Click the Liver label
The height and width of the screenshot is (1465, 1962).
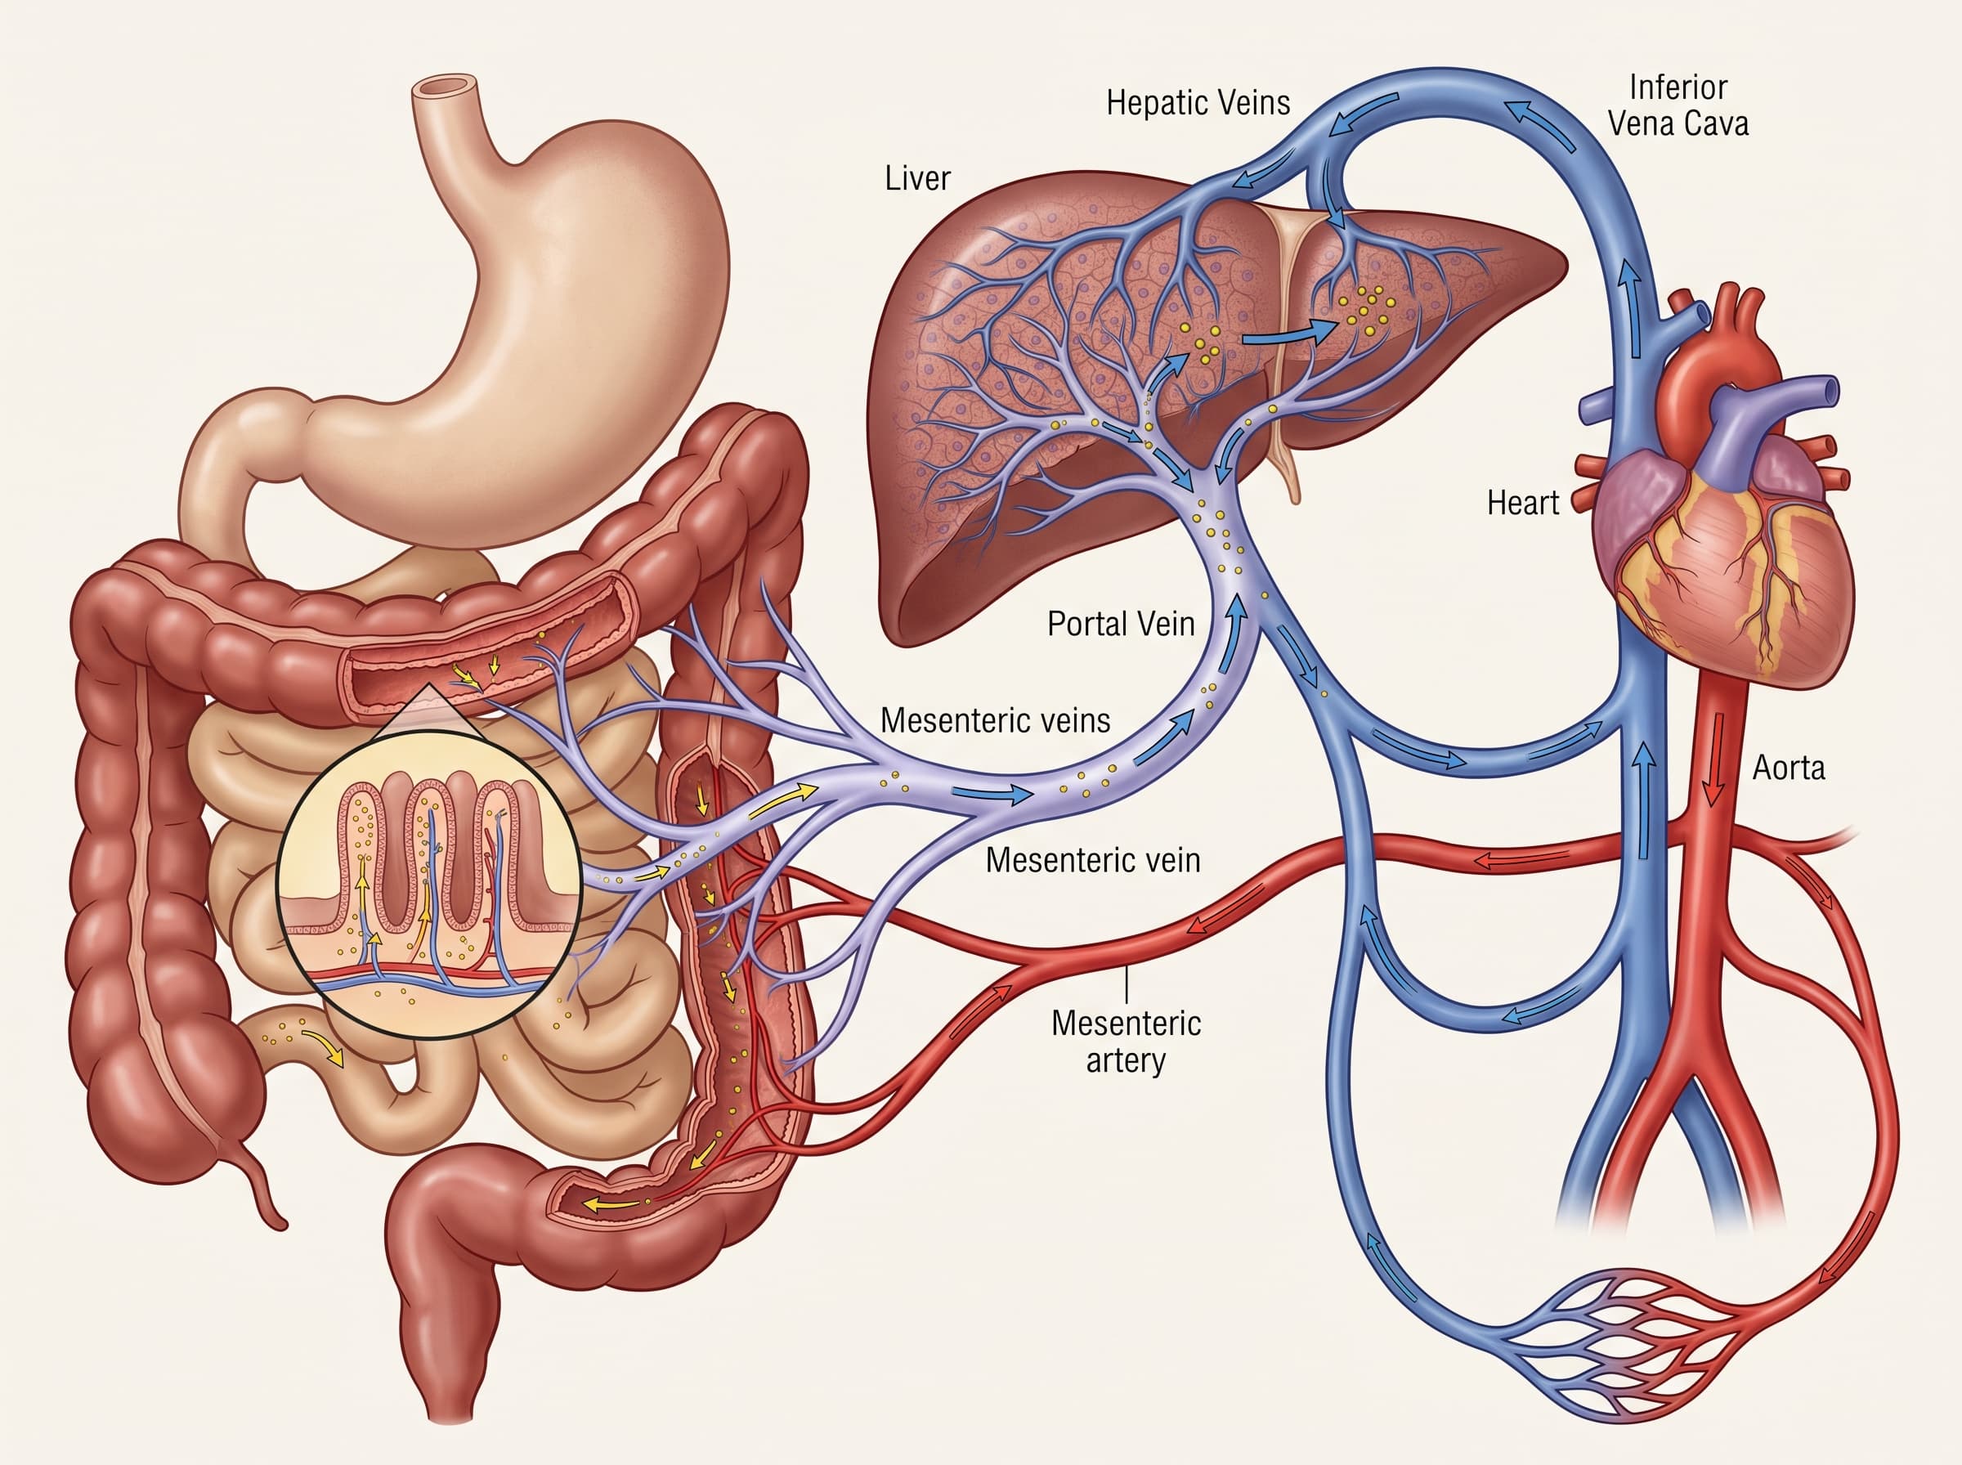(916, 178)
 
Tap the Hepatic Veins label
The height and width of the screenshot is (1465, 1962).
(1198, 103)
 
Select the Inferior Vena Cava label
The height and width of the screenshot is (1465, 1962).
(1678, 105)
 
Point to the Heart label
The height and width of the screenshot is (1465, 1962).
(1522, 503)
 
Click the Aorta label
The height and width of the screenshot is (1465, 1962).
(1788, 768)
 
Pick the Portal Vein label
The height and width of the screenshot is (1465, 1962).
(1121, 625)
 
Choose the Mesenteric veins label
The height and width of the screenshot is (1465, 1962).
(995, 720)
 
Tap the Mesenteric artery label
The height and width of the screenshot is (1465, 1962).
(1126, 1042)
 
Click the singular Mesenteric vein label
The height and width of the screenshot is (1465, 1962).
(1092, 860)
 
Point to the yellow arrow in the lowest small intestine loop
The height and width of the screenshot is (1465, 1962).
(325, 1046)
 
